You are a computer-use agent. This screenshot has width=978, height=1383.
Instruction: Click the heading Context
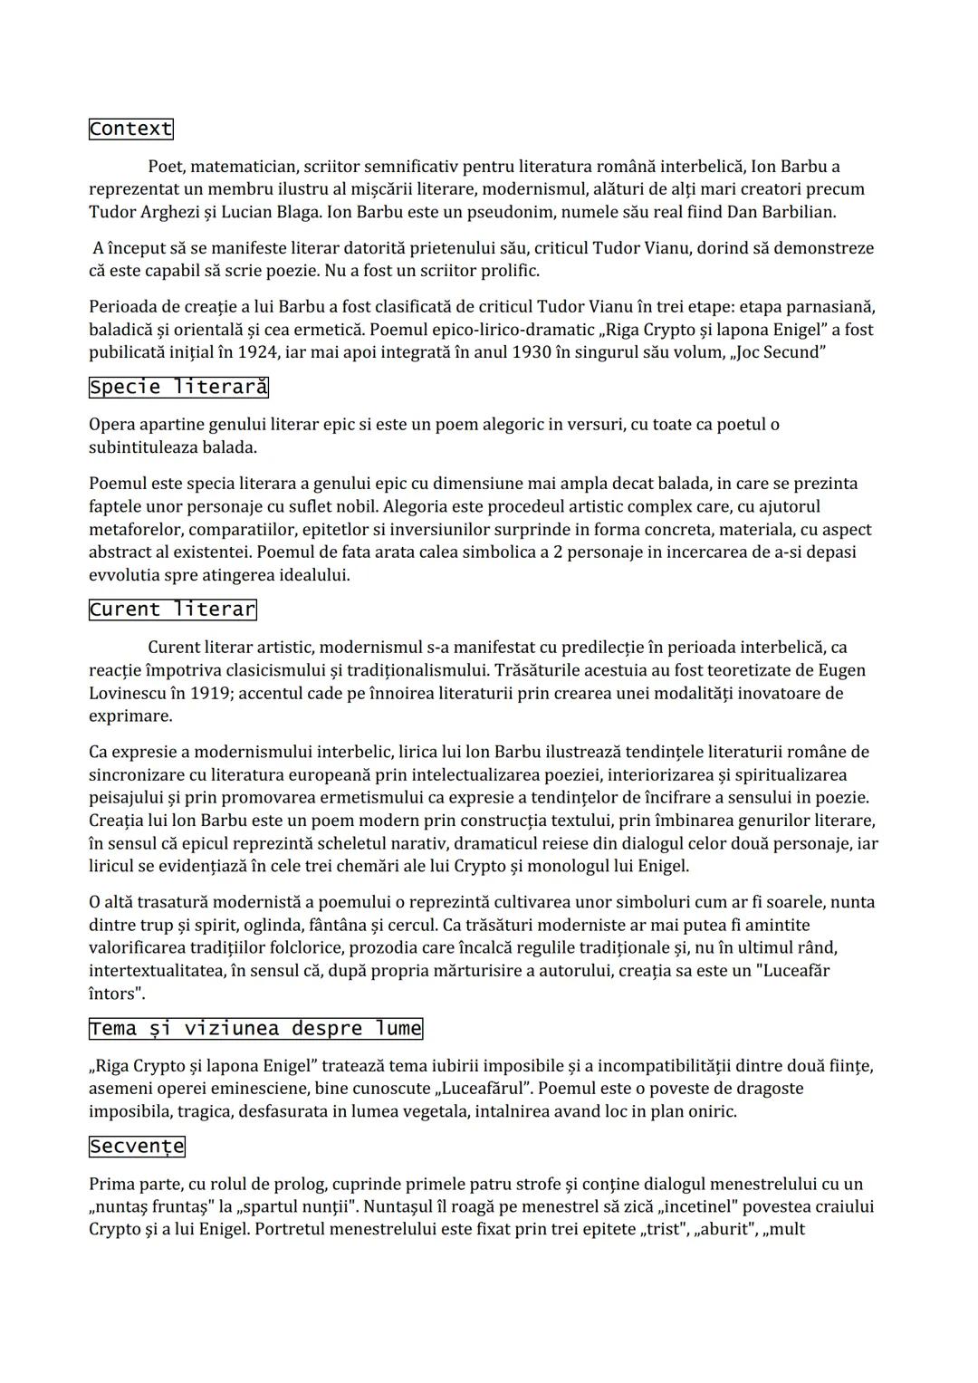(x=130, y=129)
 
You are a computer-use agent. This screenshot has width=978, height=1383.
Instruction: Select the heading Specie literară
(x=178, y=388)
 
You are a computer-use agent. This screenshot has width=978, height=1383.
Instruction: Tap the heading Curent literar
(x=172, y=610)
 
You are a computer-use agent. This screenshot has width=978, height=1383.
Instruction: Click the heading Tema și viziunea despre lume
(x=255, y=1028)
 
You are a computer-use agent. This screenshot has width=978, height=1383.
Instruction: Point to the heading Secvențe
(x=137, y=1147)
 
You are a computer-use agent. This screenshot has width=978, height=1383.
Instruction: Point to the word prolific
(x=507, y=271)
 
